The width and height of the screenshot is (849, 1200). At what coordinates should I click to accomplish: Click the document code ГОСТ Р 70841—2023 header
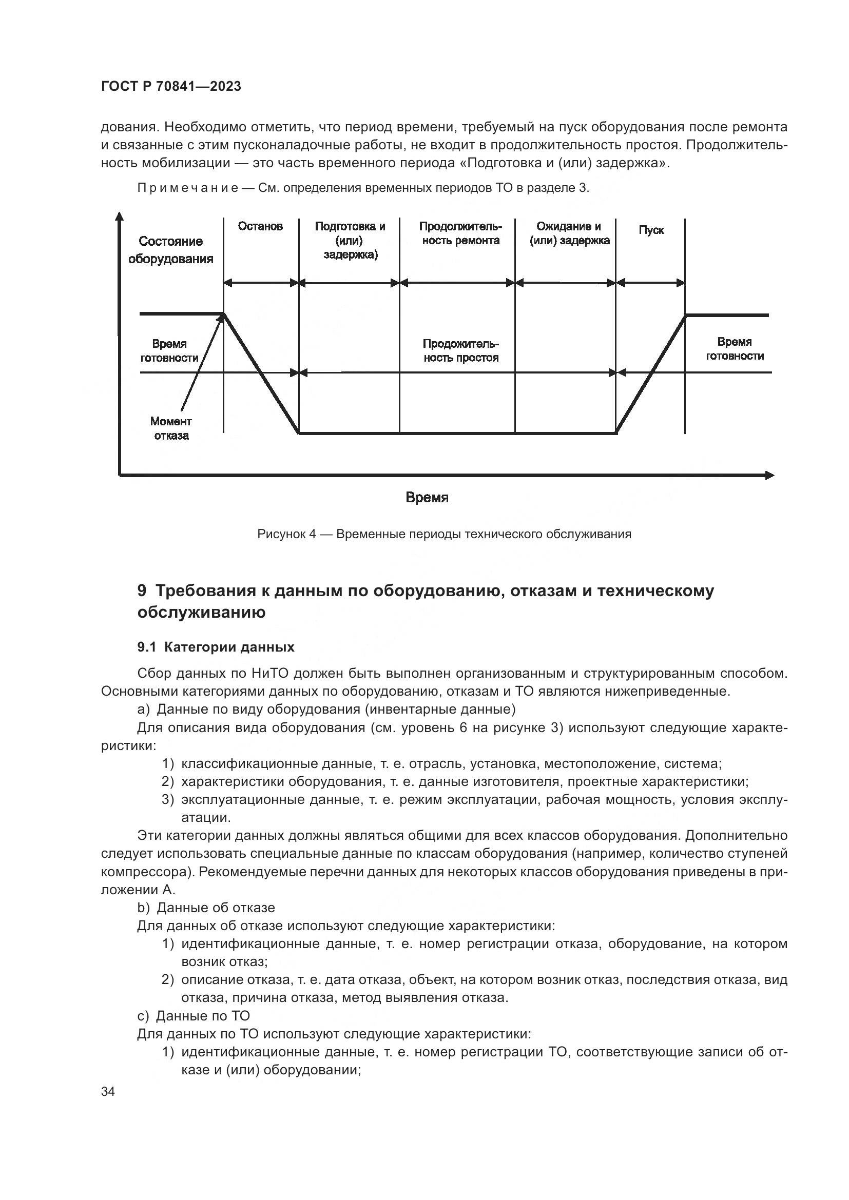[x=171, y=87]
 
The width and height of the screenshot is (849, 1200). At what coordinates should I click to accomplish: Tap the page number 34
[x=108, y=1092]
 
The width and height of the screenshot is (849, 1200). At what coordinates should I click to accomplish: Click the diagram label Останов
[x=260, y=226]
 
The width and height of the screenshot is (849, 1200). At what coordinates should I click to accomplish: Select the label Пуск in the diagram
[x=651, y=230]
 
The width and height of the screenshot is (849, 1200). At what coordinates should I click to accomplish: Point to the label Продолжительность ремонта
[x=460, y=233]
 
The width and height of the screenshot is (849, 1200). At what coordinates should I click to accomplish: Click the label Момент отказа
[x=171, y=428]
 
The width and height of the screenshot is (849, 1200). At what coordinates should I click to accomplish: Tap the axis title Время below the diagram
[x=427, y=498]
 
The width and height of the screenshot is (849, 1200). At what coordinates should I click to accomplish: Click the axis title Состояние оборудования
[x=170, y=250]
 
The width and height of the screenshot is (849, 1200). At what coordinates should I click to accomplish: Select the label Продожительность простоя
[x=460, y=351]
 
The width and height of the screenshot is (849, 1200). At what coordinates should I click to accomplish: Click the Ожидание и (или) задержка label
[x=569, y=233]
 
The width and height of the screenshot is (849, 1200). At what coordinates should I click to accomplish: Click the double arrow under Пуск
[x=651, y=283]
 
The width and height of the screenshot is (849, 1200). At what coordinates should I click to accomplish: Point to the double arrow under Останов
[x=261, y=283]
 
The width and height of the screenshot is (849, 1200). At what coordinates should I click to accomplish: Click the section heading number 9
[x=142, y=591]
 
